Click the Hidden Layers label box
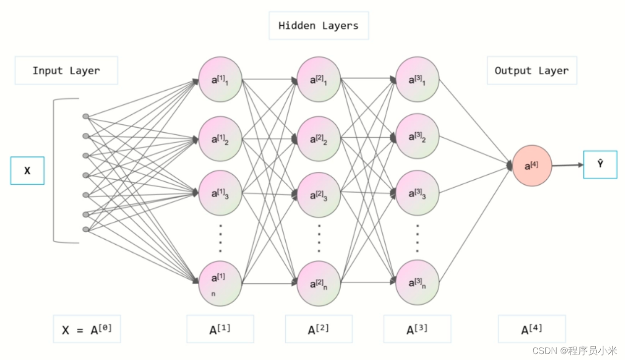pyautogui.click(x=318, y=26)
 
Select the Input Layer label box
pyautogui.click(x=66, y=70)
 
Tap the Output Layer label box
pyautogui.click(x=531, y=70)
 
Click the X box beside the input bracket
pyautogui.click(x=27, y=171)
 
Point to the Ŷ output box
pyautogui.click(x=600, y=164)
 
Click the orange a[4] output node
pyautogui.click(x=532, y=166)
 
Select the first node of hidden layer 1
pyautogui.click(x=220, y=79)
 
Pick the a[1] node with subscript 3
pyautogui.click(x=220, y=193)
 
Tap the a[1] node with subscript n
pyautogui.click(x=220, y=284)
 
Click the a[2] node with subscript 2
pyautogui.click(x=318, y=139)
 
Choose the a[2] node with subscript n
pyautogui.click(x=318, y=284)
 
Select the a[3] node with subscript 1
pyautogui.click(x=417, y=79)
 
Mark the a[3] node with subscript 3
pyautogui.click(x=417, y=193)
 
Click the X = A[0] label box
pyautogui.click(x=87, y=329)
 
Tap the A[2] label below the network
pyautogui.click(x=318, y=329)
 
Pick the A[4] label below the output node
pyautogui.click(x=531, y=329)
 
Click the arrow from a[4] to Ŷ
pyautogui.click(x=568, y=165)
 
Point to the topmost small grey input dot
pyautogui.click(x=86, y=116)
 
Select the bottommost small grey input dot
pyautogui.click(x=86, y=229)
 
